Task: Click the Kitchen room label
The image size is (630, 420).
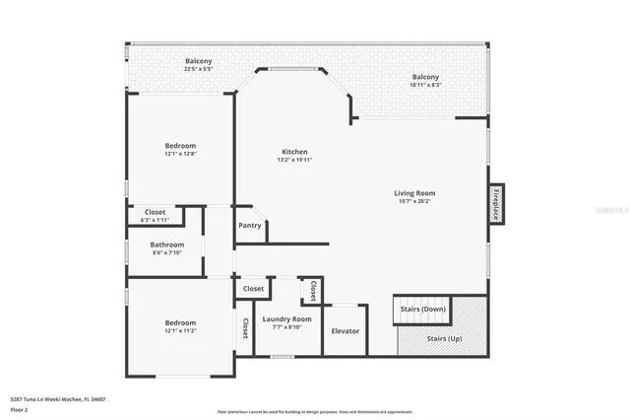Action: click(294, 152)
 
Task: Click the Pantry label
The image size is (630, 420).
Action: click(250, 225)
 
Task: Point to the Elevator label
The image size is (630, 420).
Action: click(345, 331)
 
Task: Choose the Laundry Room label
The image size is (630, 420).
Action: click(286, 318)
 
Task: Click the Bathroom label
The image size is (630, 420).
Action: click(167, 245)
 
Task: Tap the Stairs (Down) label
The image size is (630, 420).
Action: click(423, 309)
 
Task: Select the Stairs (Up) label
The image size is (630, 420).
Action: click(443, 338)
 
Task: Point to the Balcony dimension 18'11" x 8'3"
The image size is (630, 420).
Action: click(425, 86)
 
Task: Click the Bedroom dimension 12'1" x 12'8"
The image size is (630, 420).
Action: click(180, 154)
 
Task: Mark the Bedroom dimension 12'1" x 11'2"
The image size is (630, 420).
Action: click(180, 331)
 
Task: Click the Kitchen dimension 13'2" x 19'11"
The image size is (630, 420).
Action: click(294, 160)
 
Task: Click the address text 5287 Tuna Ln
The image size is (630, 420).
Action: click(58, 399)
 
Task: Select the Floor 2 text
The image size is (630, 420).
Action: click(20, 409)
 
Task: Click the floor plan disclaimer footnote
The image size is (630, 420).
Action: click(315, 412)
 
